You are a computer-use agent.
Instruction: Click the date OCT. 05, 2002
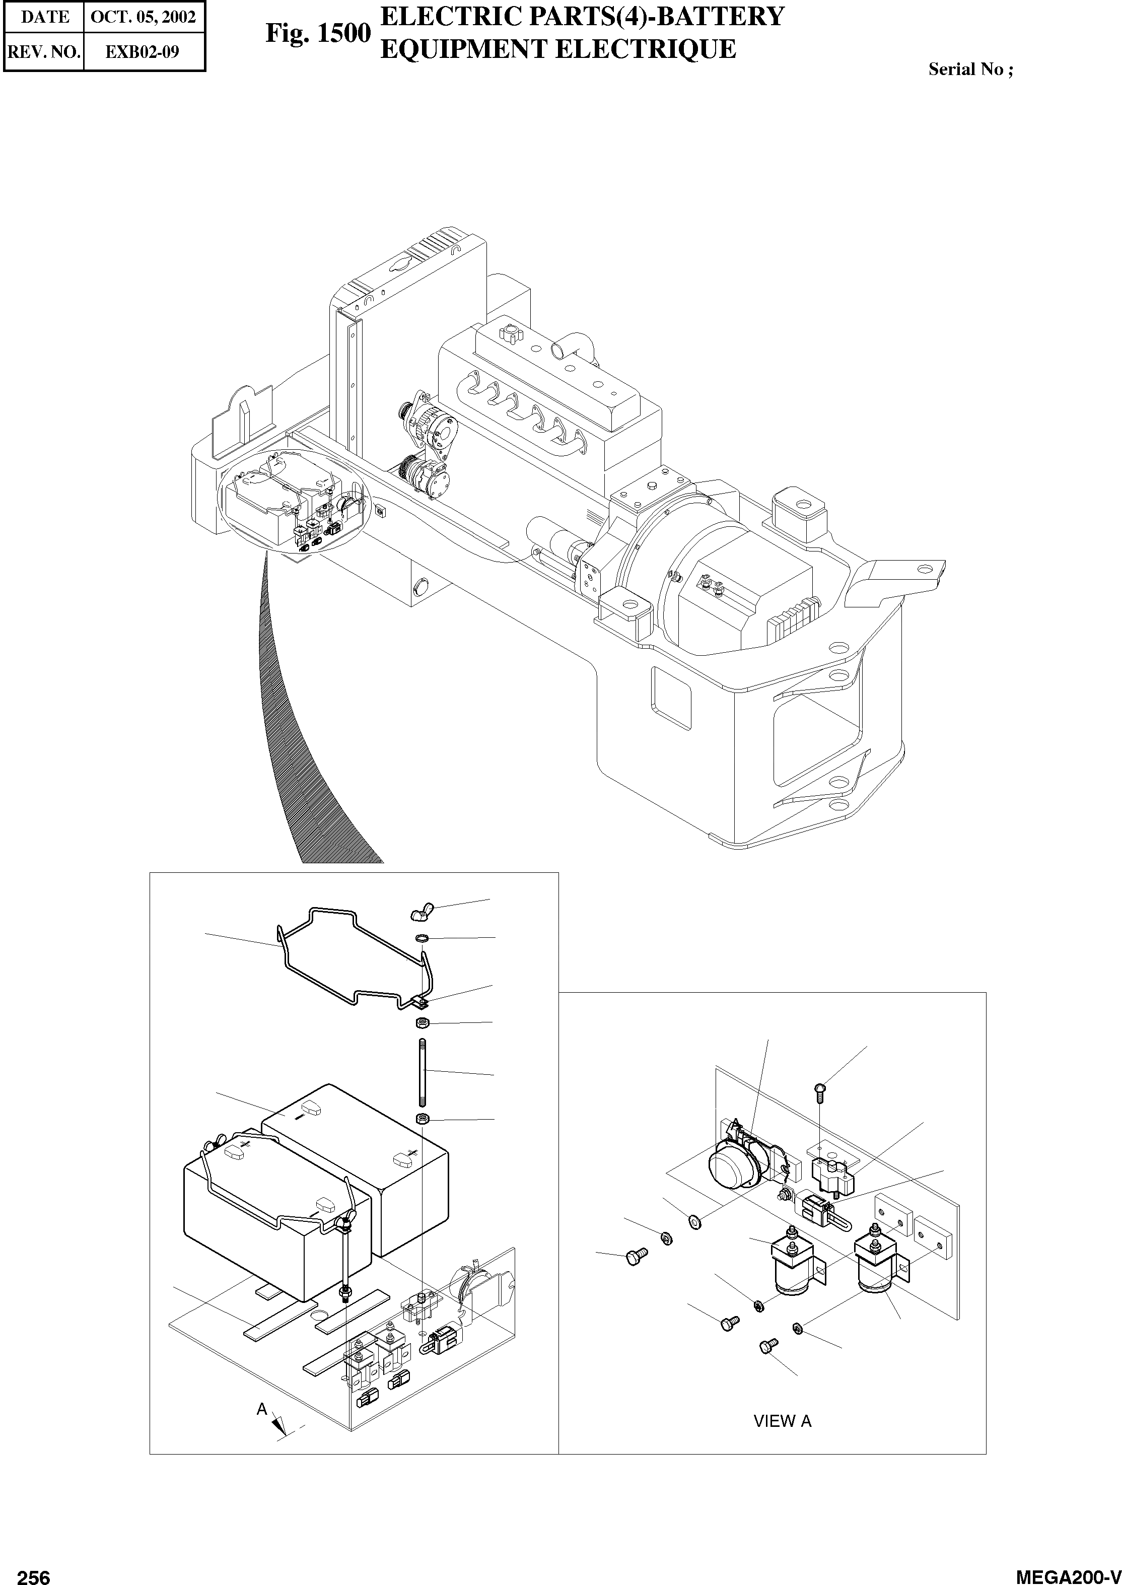[143, 17]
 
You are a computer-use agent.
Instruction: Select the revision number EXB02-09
[143, 52]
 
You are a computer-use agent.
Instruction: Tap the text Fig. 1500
[318, 33]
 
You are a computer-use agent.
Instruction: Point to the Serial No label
[970, 69]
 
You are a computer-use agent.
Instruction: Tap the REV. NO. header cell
[43, 52]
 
